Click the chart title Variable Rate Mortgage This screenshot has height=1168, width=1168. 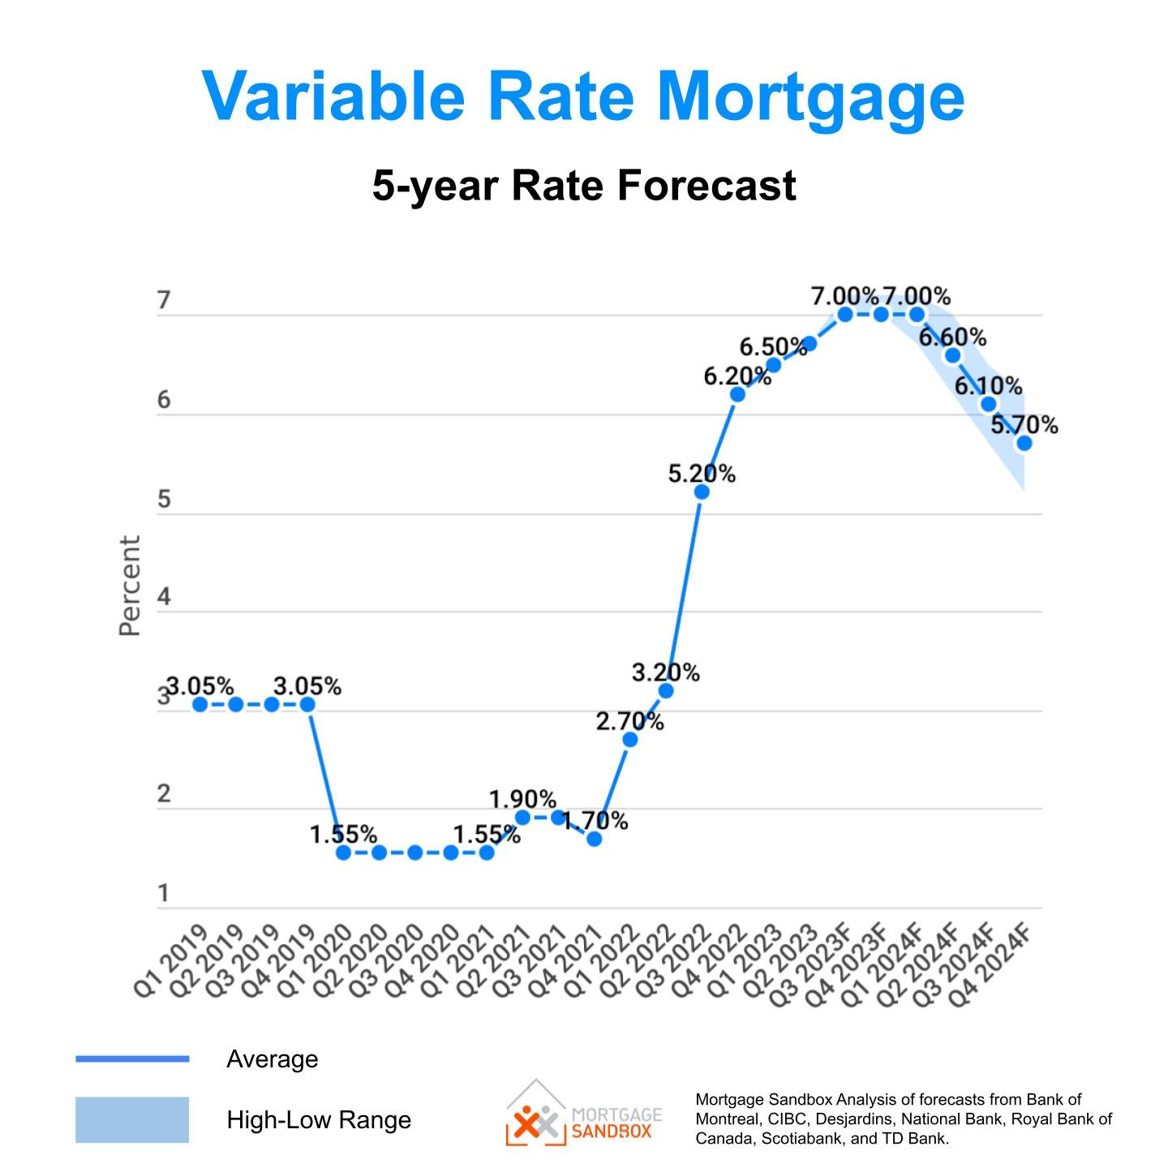pyautogui.click(x=583, y=96)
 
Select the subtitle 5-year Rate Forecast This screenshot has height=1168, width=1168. pyautogui.click(x=584, y=185)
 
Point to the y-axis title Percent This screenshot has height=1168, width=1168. pyautogui.click(x=130, y=586)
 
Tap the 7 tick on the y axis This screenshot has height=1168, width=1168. pyautogui.click(x=164, y=300)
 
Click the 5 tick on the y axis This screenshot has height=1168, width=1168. pyautogui.click(x=164, y=499)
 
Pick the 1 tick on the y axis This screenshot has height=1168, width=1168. pyautogui.click(x=164, y=893)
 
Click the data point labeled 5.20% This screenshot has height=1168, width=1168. pyautogui.click(x=702, y=492)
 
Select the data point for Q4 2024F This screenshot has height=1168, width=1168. pyautogui.click(x=1024, y=443)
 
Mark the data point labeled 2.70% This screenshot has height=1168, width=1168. pyautogui.click(x=629, y=740)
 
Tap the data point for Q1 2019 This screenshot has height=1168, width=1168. pyautogui.click(x=200, y=704)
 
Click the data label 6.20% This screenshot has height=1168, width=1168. pyautogui.click(x=736, y=376)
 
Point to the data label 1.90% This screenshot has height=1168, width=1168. pyautogui.click(x=522, y=800)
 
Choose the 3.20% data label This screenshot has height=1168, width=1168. pyautogui.click(x=665, y=672)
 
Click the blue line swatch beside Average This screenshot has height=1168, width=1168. pyautogui.click(x=132, y=1058)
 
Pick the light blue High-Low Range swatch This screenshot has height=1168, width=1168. pyautogui.click(x=132, y=1119)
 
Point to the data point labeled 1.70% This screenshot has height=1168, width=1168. pyautogui.click(x=594, y=839)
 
